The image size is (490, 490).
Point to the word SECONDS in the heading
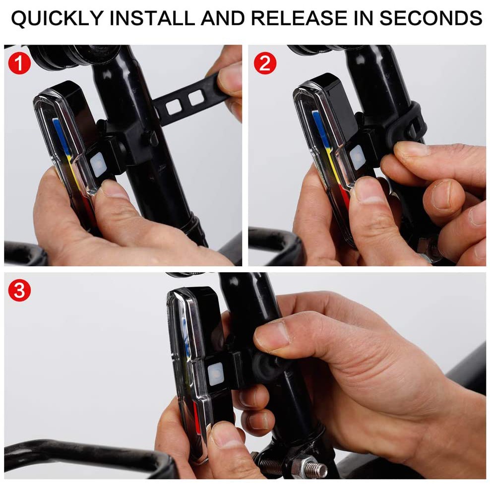pyautogui.click(x=430, y=18)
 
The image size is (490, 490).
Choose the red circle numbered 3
pyautogui.click(x=19, y=290)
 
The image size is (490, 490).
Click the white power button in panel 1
pyautogui.click(x=98, y=165)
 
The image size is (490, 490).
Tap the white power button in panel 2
pyautogui.click(x=357, y=158)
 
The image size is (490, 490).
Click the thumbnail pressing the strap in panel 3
pyautogui.click(x=272, y=336)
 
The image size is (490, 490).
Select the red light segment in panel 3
pyautogui.click(x=196, y=416)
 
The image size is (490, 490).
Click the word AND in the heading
pyautogui.click(x=223, y=18)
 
